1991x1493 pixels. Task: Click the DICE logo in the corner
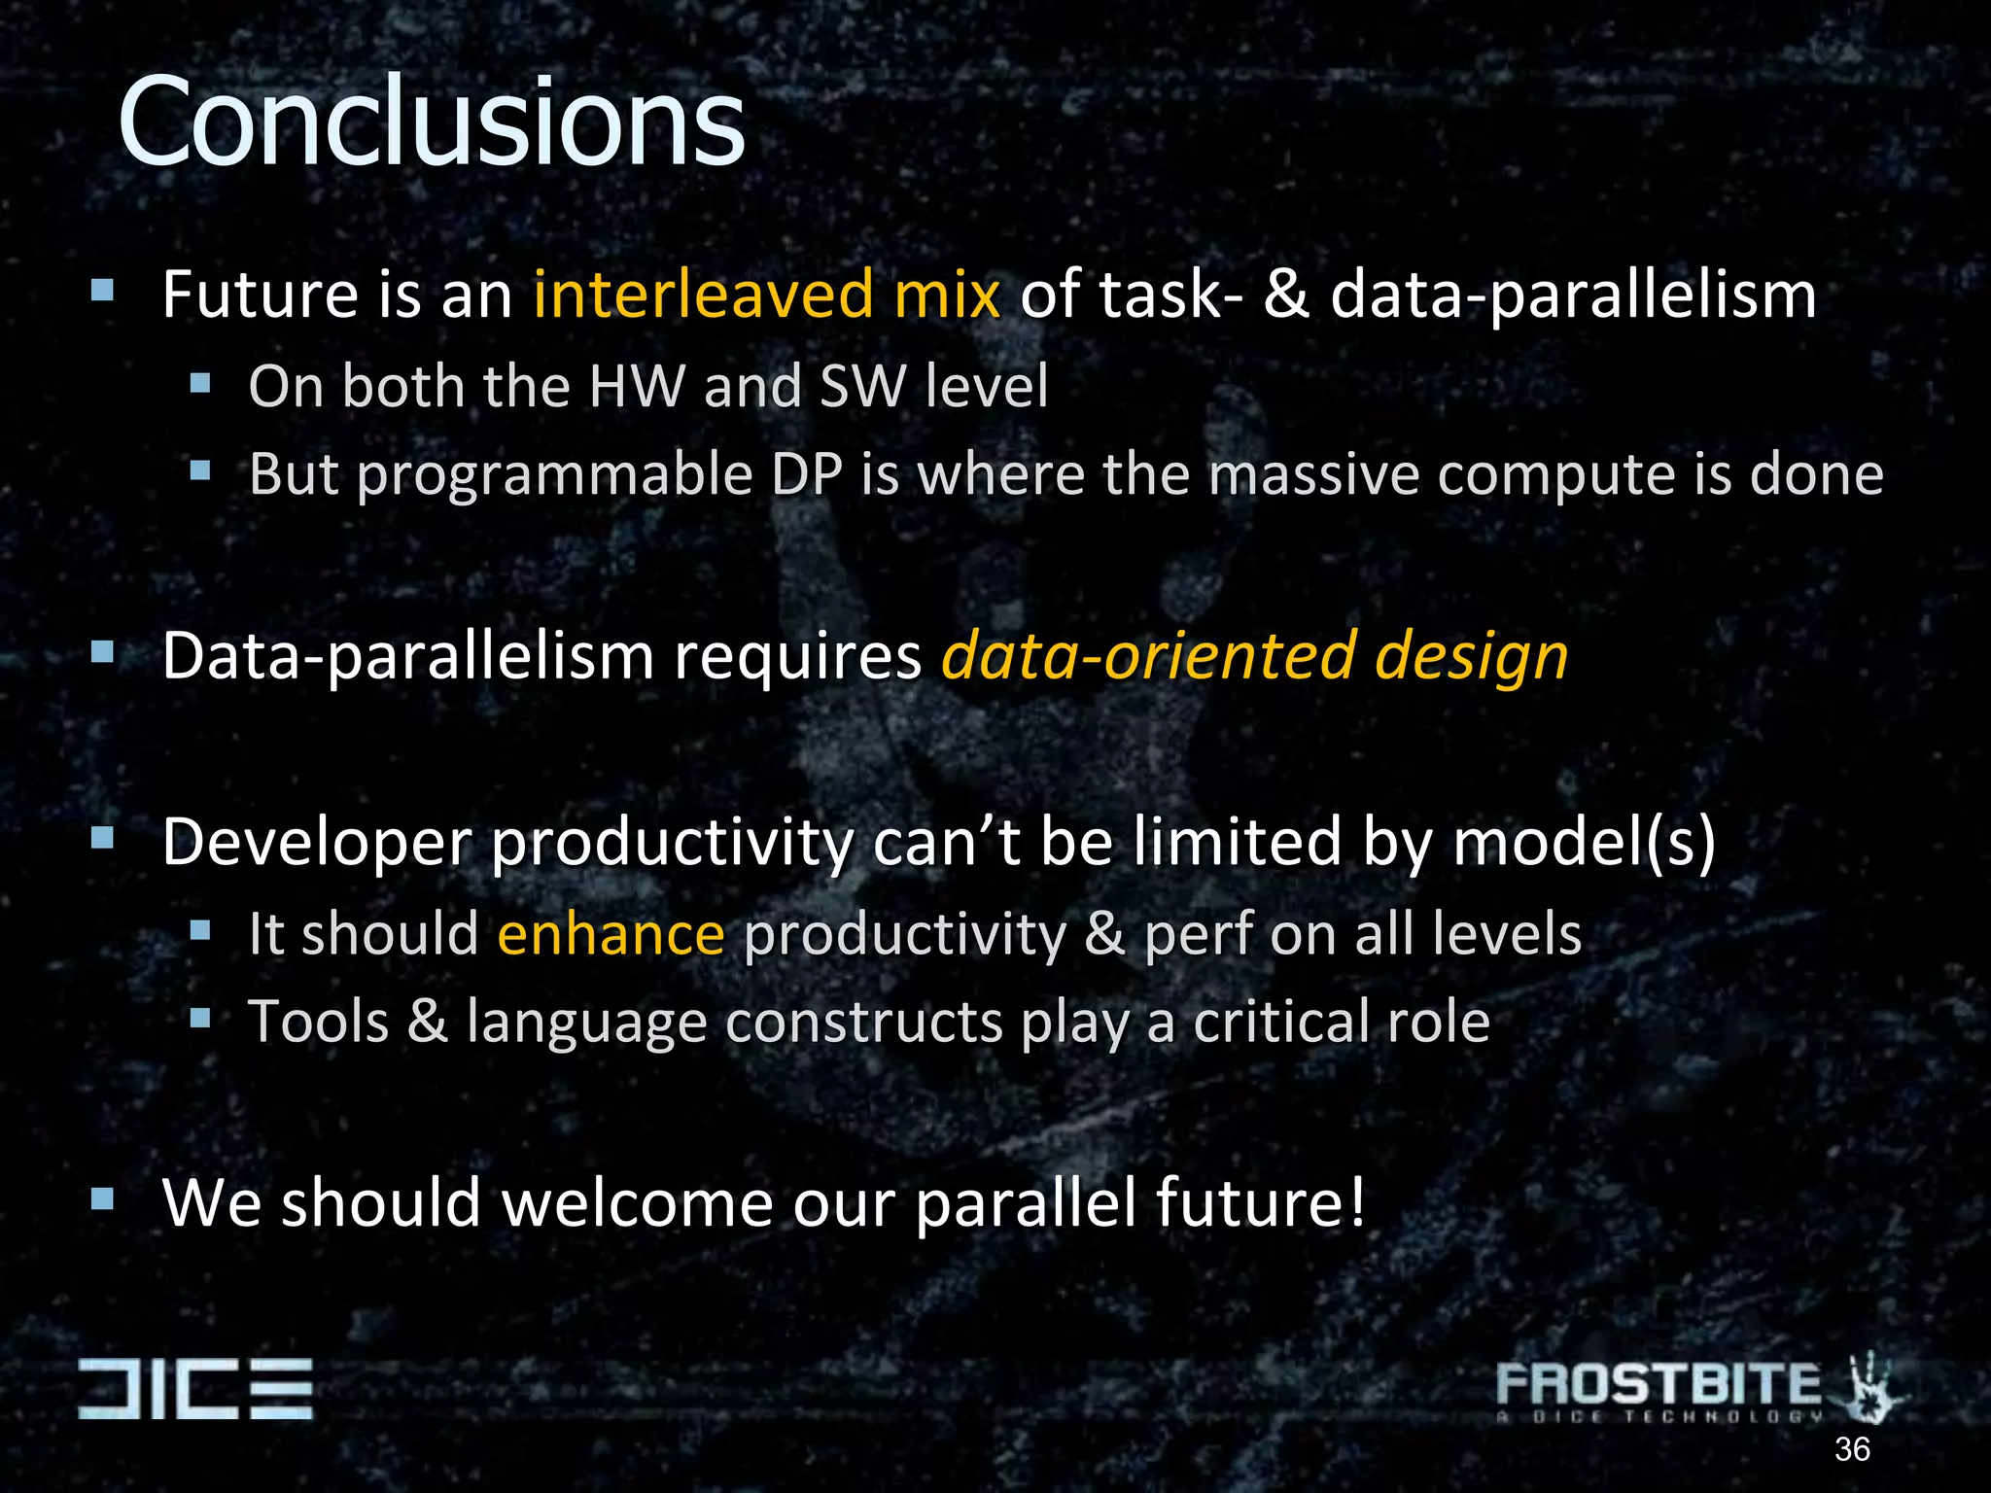(195, 1388)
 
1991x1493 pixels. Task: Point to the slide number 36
(1851, 1449)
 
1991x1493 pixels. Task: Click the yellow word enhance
(611, 934)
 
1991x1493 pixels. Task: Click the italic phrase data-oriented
(1147, 656)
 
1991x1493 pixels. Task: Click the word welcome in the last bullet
(637, 1202)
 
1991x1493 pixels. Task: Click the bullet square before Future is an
(103, 290)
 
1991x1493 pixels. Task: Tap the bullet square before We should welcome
(103, 1198)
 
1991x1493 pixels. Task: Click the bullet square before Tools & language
(200, 1018)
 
